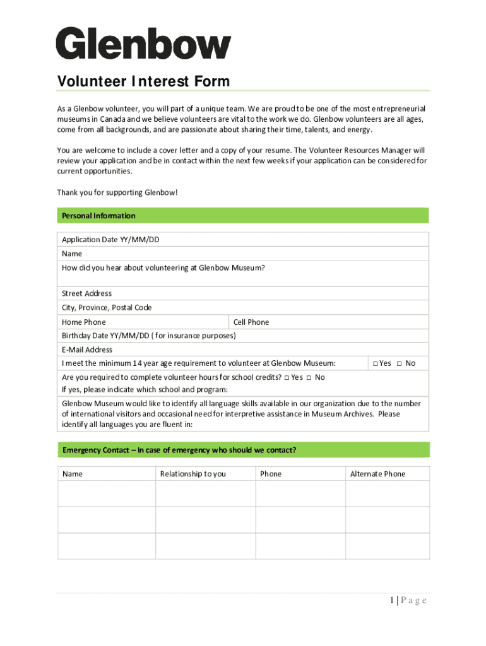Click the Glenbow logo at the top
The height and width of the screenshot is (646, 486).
(x=143, y=44)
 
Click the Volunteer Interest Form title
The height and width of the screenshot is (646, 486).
(x=143, y=81)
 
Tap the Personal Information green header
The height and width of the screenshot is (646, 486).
(x=243, y=216)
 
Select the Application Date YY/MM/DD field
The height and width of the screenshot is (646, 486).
(x=284, y=240)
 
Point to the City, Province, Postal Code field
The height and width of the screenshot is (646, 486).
(x=284, y=308)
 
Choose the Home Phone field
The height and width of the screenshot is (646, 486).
(x=164, y=322)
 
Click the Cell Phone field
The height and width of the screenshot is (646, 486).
(x=347, y=322)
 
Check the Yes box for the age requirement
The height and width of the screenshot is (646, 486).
(x=375, y=363)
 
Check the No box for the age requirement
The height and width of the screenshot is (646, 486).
(x=400, y=363)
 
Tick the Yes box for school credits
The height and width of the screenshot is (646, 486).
(x=287, y=377)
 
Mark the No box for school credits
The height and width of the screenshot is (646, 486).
(x=309, y=377)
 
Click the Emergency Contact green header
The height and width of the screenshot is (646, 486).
(x=243, y=450)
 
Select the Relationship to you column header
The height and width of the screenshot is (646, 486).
(x=193, y=474)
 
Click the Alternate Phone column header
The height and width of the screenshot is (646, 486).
(x=377, y=474)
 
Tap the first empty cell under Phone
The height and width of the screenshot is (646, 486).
(x=300, y=494)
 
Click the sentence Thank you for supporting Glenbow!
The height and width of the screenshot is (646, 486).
(x=117, y=192)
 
